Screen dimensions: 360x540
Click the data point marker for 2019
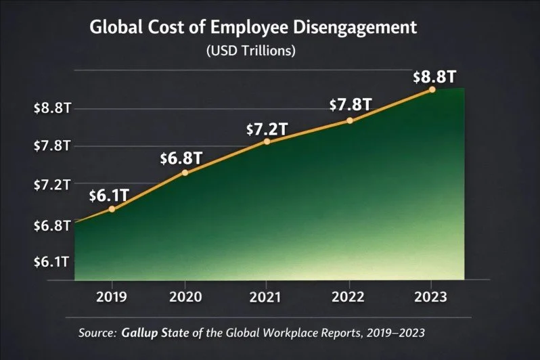click(x=112, y=209)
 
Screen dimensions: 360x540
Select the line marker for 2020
click(x=185, y=173)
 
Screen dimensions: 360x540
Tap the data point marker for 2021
click(x=267, y=141)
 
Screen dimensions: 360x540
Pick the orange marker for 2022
click(x=350, y=120)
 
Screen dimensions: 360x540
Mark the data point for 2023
click(x=432, y=89)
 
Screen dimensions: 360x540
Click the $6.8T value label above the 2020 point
click(x=181, y=158)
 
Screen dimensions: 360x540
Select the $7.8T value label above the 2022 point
click(x=350, y=105)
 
